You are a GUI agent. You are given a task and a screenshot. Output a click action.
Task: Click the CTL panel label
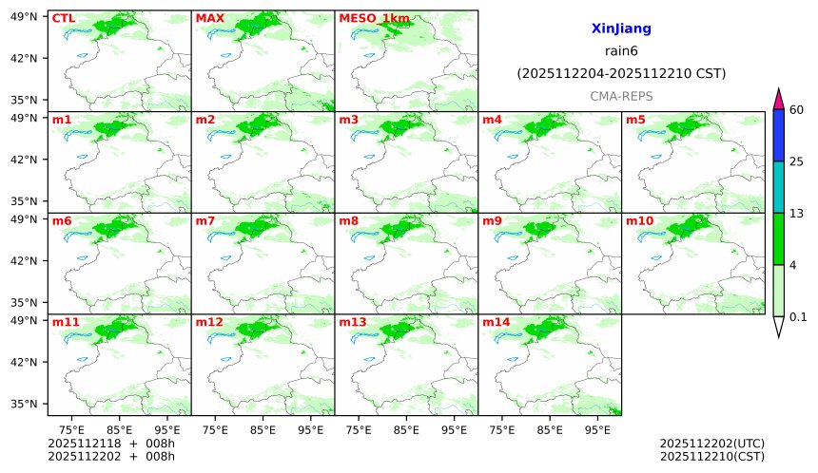tap(63, 18)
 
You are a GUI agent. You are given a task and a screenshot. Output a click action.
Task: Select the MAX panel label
tap(209, 18)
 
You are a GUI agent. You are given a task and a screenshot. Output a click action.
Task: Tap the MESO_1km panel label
tap(375, 18)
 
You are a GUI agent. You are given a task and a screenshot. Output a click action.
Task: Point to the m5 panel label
tap(635, 120)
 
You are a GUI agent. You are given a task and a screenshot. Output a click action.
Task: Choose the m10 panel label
tap(639, 221)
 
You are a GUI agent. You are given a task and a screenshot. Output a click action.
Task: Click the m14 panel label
tap(496, 322)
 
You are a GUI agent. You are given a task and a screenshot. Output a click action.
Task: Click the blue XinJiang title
tap(621, 29)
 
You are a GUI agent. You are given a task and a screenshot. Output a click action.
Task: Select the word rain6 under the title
tap(621, 51)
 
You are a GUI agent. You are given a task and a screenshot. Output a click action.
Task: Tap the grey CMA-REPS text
tap(621, 96)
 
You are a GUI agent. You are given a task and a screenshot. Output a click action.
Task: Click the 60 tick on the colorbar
tap(797, 110)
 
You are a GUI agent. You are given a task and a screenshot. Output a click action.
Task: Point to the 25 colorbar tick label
tap(797, 161)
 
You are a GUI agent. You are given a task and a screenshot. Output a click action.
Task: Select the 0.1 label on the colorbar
tap(798, 317)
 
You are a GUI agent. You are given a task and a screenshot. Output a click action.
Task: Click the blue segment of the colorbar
tap(778, 135)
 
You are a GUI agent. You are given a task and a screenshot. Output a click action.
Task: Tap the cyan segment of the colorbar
tap(778, 186)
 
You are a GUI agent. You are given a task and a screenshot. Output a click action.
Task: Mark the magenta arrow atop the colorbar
tap(778, 98)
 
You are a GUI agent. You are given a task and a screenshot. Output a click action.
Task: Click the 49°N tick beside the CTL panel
tap(25, 17)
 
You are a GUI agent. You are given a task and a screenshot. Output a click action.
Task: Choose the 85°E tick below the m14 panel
tap(549, 429)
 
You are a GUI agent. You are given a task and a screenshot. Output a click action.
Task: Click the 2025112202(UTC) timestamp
tap(711, 444)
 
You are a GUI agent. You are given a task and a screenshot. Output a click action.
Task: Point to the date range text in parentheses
tap(621, 73)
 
